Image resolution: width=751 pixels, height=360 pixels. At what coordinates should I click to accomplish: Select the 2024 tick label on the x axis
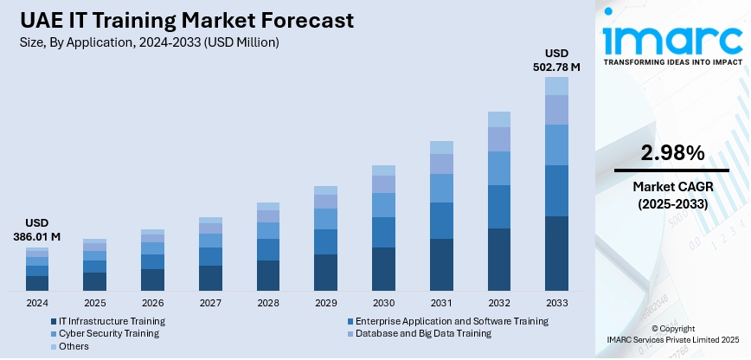pyautogui.click(x=37, y=303)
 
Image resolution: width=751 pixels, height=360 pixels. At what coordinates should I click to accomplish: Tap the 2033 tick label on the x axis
pyautogui.click(x=556, y=303)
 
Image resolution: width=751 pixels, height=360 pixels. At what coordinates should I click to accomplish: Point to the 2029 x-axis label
pyautogui.click(x=325, y=303)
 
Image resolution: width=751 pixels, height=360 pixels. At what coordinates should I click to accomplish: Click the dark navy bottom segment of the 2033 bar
pyautogui.click(x=556, y=253)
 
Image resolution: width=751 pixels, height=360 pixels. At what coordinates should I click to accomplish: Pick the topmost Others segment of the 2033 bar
pyautogui.click(x=556, y=86)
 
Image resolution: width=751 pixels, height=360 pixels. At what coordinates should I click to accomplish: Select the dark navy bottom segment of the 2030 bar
pyautogui.click(x=383, y=268)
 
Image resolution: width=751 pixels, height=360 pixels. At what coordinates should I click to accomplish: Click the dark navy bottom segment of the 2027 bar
pyautogui.click(x=210, y=277)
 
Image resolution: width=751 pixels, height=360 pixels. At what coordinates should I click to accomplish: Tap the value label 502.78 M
pyautogui.click(x=556, y=67)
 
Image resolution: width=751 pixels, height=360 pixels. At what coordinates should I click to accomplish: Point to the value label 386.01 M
pyautogui.click(x=37, y=236)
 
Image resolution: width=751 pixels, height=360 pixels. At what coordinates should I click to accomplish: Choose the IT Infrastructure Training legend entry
pyautogui.click(x=107, y=321)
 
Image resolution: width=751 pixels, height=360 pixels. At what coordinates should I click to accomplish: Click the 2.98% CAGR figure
pyautogui.click(x=671, y=153)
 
